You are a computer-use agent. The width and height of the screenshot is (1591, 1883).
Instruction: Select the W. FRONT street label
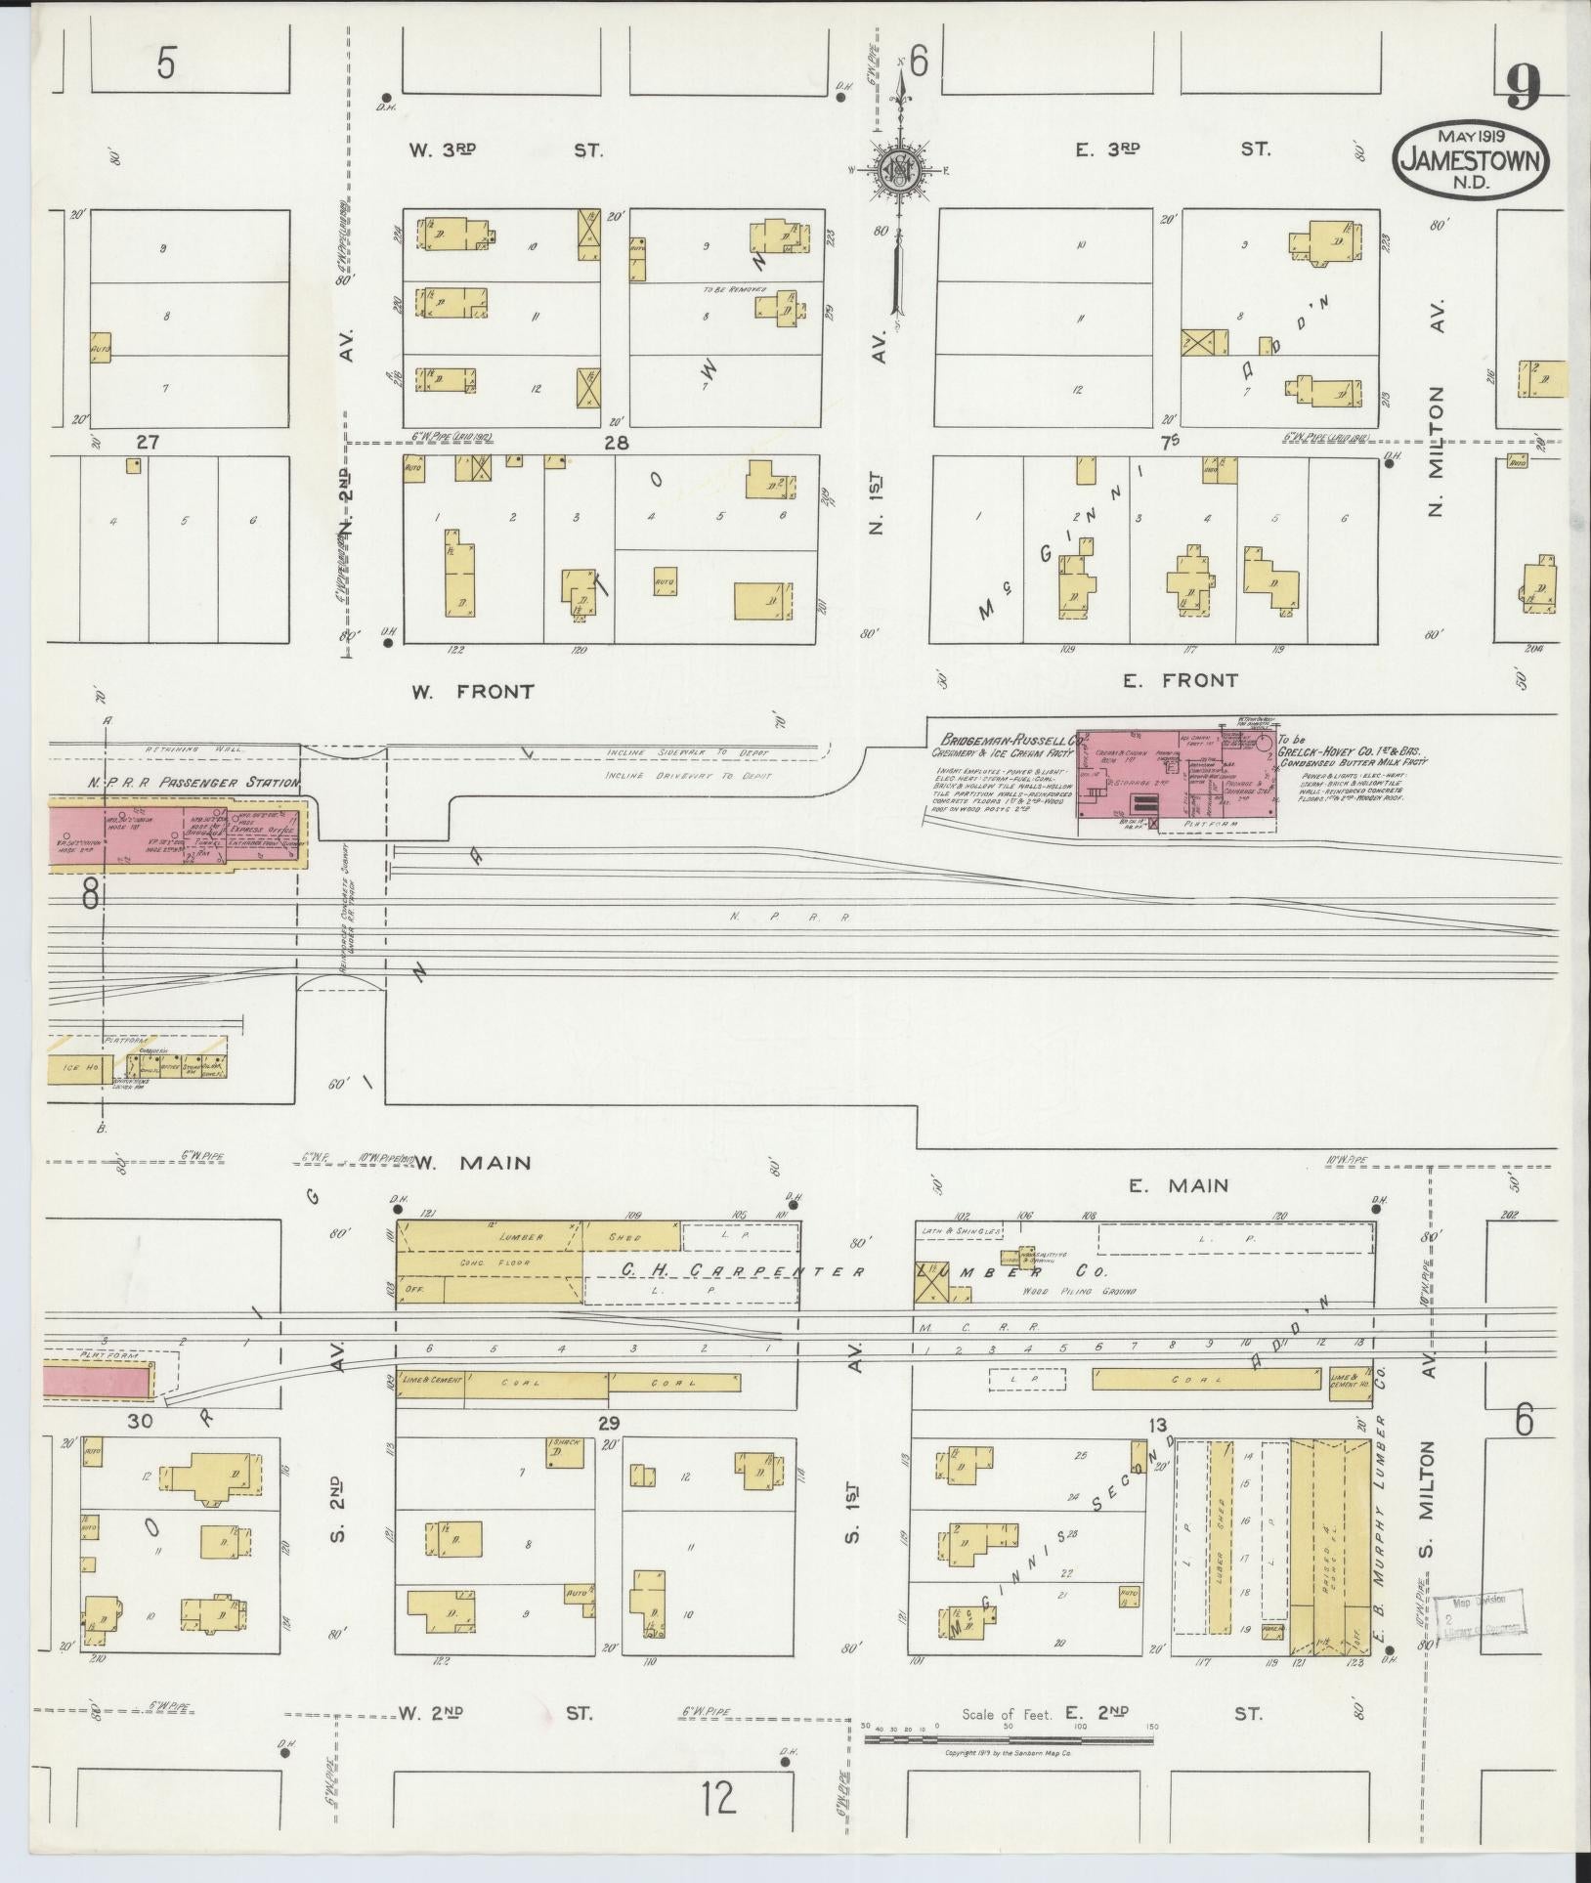(472, 692)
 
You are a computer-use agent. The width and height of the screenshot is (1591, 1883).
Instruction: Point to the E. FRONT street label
(1180, 680)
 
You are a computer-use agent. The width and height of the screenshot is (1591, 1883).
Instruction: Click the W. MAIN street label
(474, 1163)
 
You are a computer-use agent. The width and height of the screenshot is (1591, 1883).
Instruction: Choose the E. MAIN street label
(1178, 1185)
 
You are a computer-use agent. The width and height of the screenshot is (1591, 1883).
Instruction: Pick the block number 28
(616, 443)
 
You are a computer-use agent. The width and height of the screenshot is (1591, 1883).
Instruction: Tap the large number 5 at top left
(167, 64)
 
